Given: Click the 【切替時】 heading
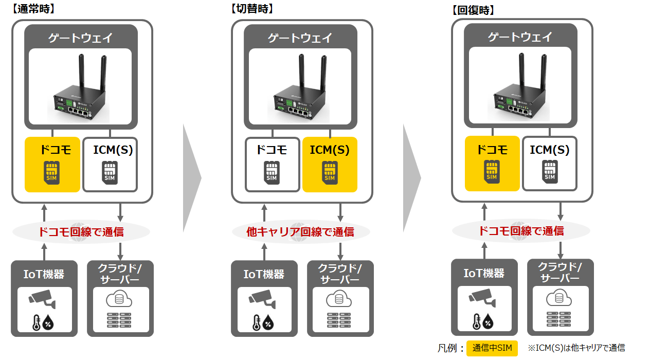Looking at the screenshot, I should (252, 9).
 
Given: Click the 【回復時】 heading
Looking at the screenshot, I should (473, 10).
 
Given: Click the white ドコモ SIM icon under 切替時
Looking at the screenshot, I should (272, 171).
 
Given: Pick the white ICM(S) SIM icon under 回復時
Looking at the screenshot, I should (550, 170).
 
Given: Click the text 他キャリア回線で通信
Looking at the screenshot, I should (300, 232).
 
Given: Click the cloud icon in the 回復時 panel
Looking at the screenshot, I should (559, 298).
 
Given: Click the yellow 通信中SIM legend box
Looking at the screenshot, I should (492, 348).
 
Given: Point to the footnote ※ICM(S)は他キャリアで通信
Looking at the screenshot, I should (576, 348).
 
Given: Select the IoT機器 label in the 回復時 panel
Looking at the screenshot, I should (484, 273).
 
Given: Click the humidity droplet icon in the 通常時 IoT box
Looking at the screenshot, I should (48, 323).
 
